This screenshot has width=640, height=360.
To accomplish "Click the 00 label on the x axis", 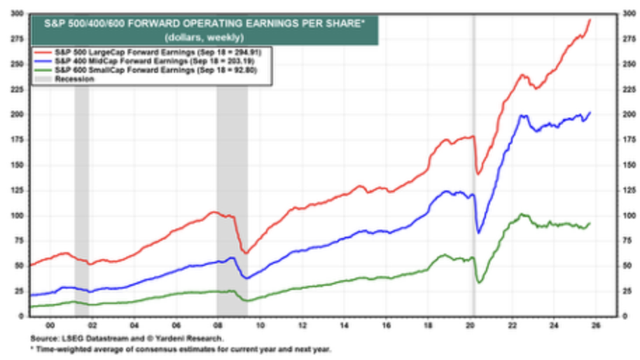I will (49, 326).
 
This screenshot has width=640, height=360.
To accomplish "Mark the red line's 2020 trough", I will (479, 174).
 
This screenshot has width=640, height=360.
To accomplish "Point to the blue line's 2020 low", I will (479, 233).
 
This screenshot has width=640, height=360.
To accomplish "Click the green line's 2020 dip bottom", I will (480, 282).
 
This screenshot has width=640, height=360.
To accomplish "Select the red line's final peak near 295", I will (590, 20).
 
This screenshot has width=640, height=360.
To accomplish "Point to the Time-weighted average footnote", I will (182, 349).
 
